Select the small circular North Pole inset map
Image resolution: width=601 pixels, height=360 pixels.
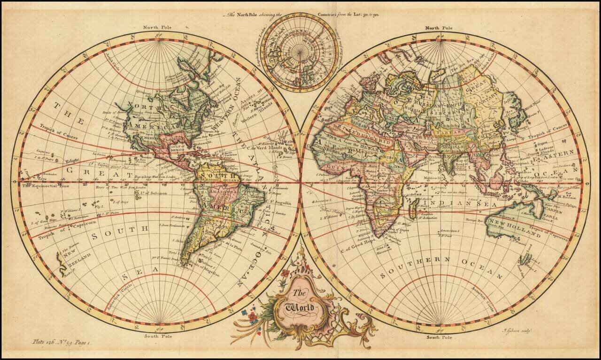(299, 52)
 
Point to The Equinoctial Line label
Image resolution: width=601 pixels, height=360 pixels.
(45, 185)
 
